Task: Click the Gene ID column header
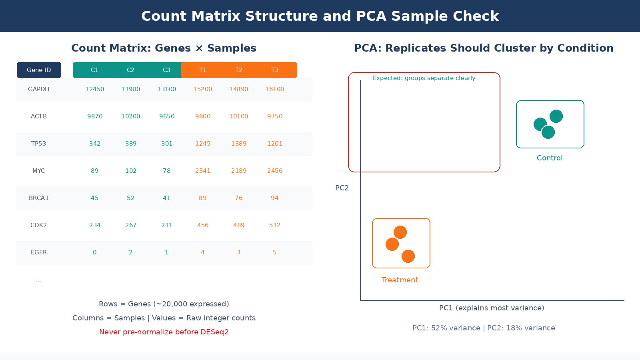tap(39, 70)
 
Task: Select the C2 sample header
tap(131, 70)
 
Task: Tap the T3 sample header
tap(275, 70)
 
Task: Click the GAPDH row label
tap(39, 89)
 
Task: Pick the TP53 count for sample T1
tap(203, 144)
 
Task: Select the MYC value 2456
tap(275, 171)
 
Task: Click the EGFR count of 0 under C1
tap(95, 252)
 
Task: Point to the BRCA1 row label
tap(39, 198)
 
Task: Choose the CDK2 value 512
tap(275, 225)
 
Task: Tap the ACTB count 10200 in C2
tap(131, 116)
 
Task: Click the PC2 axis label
tap(342, 188)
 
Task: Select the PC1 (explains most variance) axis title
tap(492, 308)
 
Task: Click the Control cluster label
tap(550, 158)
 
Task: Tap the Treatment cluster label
tap(400, 280)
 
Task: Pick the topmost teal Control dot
tap(556, 116)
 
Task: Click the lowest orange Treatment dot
tap(408, 256)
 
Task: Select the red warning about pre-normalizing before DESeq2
tap(164, 332)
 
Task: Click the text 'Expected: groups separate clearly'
tap(424, 78)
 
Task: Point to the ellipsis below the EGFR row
tap(39, 280)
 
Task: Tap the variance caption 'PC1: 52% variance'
tap(446, 328)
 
